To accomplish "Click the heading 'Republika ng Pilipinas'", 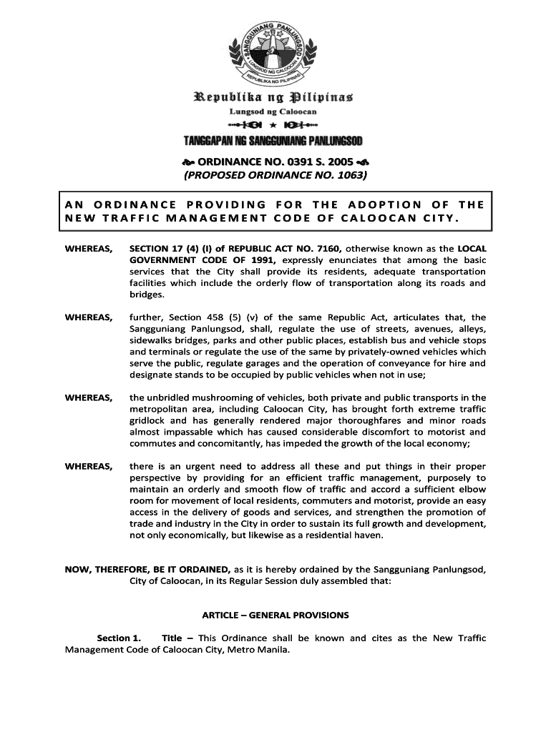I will [x=275, y=97].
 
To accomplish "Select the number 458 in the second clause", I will [x=223, y=317].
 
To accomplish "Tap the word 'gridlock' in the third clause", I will [x=148, y=420].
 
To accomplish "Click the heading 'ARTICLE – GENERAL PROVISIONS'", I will [x=275, y=615].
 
